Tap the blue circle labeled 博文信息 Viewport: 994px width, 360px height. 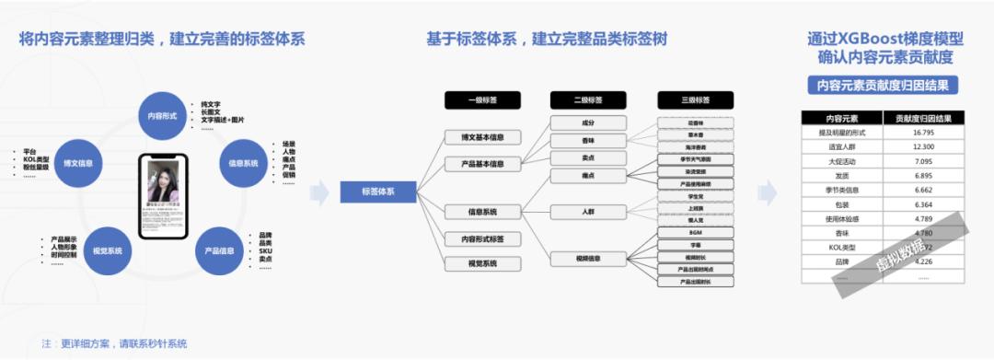[x=77, y=163]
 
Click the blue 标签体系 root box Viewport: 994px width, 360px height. [x=377, y=192]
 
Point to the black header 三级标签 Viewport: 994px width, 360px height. [x=696, y=99]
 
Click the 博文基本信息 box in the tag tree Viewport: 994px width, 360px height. [x=482, y=137]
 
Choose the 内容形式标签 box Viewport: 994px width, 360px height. [x=482, y=238]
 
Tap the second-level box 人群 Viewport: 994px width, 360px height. [x=588, y=211]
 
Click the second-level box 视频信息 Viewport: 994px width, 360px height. [x=588, y=258]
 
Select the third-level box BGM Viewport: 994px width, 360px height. [x=696, y=233]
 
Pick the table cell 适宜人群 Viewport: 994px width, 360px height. [x=841, y=147]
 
